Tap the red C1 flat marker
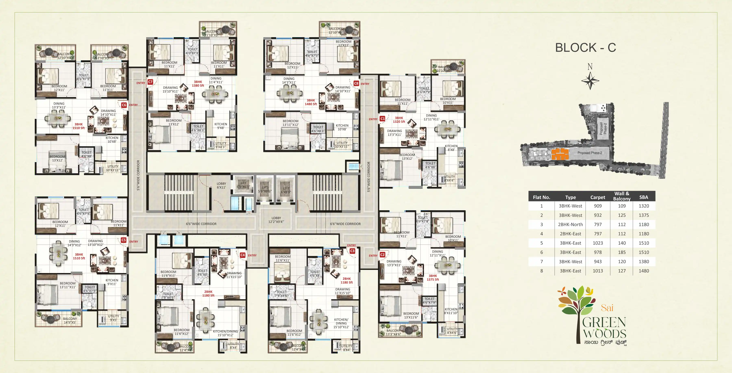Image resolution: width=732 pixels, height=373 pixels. [382, 119]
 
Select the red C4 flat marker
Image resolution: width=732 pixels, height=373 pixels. [242, 255]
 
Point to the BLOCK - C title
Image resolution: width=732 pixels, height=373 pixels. [585, 48]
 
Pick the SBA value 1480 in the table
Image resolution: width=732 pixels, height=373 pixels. [644, 271]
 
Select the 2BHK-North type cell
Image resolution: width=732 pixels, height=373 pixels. [570, 224]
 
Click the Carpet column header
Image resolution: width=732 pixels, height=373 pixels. [598, 197]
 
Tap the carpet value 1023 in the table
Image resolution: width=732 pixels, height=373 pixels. [598, 243]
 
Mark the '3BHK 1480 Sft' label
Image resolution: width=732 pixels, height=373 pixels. [311, 102]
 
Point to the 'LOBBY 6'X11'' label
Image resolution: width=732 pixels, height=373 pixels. [221, 185]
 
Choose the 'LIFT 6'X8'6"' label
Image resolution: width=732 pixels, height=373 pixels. [286, 190]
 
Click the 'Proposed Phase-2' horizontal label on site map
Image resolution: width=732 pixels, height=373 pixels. [590, 153]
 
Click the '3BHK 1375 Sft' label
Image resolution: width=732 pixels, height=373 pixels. [433, 278]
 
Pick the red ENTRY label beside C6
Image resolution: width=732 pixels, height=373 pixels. [133, 105]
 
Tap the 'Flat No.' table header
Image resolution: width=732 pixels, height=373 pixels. [541, 197]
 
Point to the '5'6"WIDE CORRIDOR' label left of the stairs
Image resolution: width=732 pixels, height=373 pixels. [138, 175]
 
